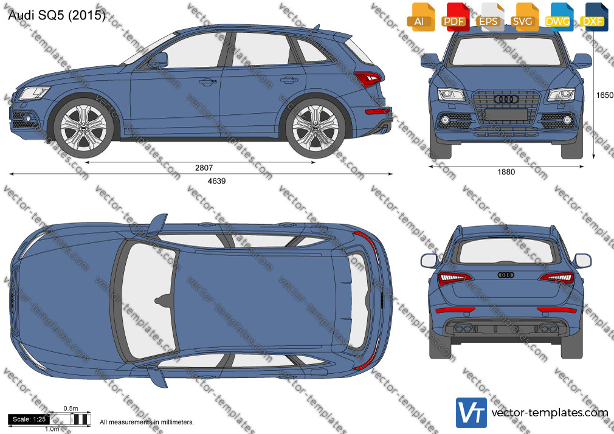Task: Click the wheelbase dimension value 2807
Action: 204,168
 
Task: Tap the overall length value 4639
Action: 216,181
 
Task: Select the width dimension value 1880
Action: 506,172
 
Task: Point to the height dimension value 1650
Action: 605,95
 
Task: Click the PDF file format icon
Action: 454,18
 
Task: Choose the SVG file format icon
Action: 523,18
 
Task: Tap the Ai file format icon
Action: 420,18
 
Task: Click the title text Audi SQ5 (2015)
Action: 57,15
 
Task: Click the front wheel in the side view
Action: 83,128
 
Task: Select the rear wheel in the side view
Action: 316,128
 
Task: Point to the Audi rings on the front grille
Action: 506,98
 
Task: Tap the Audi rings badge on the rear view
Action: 506,275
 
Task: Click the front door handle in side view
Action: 208,82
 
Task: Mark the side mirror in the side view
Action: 159,60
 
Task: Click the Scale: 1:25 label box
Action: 29,419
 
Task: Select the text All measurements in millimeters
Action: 147,422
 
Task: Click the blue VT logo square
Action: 472,413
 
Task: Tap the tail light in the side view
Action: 367,79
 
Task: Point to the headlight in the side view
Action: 35,93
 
